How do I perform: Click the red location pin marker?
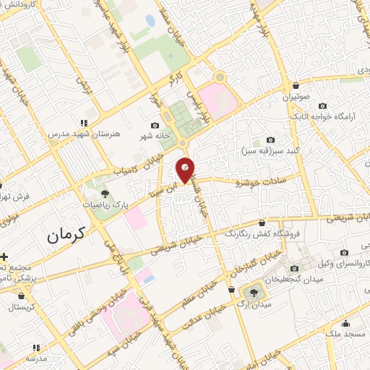[x=186, y=169]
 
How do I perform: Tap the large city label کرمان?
[x=64, y=234]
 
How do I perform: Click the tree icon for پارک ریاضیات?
[x=106, y=193]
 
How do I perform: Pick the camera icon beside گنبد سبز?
[x=271, y=139]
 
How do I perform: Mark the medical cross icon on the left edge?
[x=4, y=256]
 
